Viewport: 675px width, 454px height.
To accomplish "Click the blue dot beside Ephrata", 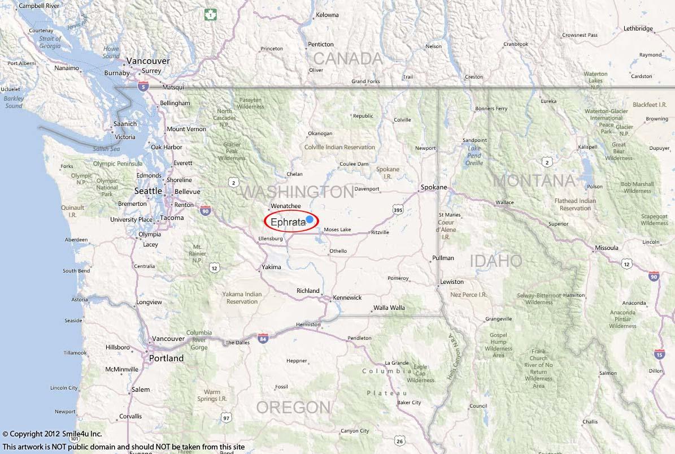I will click(310, 219).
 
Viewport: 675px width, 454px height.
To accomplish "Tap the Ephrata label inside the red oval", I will click(288, 222).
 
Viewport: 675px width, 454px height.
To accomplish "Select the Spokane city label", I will click(434, 187).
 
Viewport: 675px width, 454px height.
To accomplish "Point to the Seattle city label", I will click(149, 191).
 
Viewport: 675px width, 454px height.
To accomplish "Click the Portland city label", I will click(166, 358).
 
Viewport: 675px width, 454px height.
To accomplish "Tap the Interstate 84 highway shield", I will click(263, 338).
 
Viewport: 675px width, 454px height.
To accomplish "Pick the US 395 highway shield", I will click(399, 210).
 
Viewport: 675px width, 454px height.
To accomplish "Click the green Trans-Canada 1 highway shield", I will click(210, 15).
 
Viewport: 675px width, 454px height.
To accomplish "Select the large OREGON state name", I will click(293, 407).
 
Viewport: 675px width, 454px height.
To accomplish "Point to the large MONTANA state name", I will click(534, 181).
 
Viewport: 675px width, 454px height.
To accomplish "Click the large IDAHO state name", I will click(496, 261).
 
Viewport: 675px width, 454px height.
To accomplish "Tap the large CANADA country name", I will click(348, 58).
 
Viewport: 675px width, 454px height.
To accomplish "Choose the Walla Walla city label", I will click(389, 308).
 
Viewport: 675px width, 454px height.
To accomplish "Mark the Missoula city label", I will click(606, 248).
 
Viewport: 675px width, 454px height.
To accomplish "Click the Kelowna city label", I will click(328, 15).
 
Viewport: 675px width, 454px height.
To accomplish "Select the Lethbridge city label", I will click(638, 28).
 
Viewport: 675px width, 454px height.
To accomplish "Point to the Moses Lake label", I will click(337, 230).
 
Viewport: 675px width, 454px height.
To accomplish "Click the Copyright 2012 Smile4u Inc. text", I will click(52, 434).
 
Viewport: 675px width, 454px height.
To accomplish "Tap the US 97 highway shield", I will click(227, 418).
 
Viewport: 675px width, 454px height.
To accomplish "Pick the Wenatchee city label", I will click(286, 206).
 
